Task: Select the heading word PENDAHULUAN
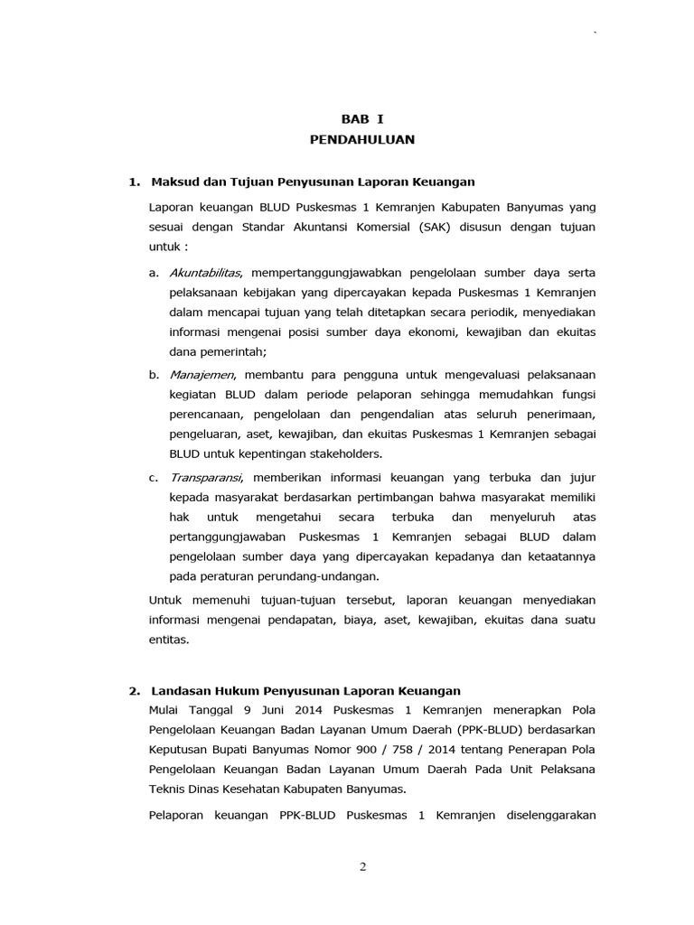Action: click(362, 140)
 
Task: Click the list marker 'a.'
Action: click(155, 271)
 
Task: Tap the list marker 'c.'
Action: click(155, 477)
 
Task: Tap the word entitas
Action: click(169, 640)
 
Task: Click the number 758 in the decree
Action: click(386, 750)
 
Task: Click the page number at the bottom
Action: click(362, 867)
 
